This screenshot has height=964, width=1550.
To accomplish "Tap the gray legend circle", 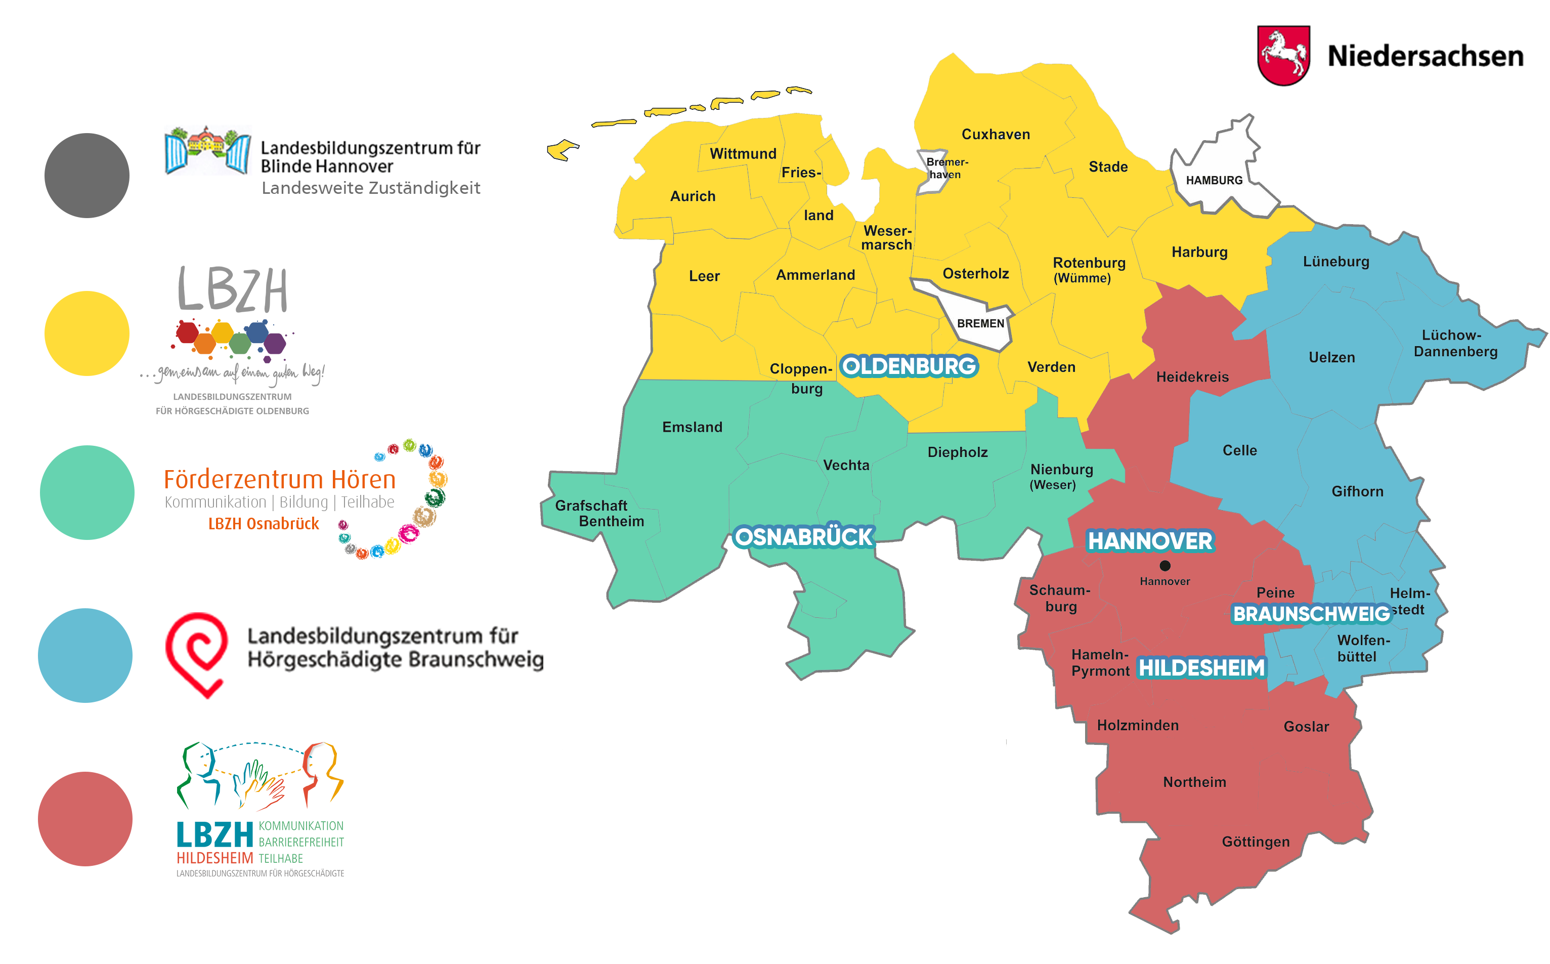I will coord(87,175).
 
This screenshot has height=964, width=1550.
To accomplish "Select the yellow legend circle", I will coord(87,333).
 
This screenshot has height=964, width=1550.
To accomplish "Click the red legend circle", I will coord(85,819).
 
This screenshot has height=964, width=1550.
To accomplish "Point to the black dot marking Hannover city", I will coord(1165,566).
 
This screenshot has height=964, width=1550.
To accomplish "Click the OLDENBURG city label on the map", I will coord(909,366).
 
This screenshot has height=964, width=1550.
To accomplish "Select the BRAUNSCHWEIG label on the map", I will coord(1311,614).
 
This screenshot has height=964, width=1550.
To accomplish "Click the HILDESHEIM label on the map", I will coord(1201,667).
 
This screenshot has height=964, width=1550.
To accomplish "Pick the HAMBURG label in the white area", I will coord(1214,181).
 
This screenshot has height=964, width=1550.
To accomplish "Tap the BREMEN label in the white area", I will coord(980,323).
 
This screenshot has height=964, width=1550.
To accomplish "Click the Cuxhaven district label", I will coord(996,135).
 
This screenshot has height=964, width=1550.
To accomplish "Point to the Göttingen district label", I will coord(1256,842).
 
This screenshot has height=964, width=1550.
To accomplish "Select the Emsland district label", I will coord(692,427).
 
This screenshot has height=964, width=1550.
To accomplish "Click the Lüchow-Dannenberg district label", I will coord(1455,343).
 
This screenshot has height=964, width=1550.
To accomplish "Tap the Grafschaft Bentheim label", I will coord(599,513).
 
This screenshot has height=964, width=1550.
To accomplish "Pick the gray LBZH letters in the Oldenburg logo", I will coord(233,289).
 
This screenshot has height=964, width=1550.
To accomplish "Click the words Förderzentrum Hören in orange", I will coord(279,479).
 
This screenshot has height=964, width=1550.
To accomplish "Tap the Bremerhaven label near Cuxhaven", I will coord(946,169).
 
